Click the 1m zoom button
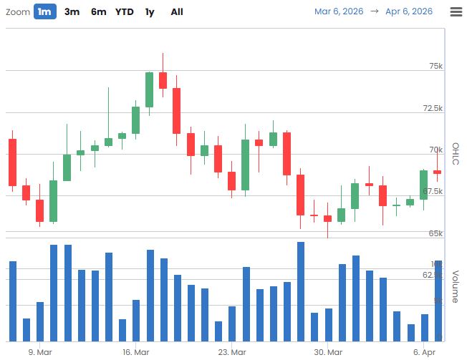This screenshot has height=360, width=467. tap(44, 11)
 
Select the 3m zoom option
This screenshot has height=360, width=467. tap(72, 11)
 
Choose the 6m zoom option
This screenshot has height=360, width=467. tap(99, 11)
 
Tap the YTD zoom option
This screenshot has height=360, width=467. tap(125, 11)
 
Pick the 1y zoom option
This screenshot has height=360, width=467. tap(149, 11)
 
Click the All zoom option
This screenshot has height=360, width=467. tap(177, 11)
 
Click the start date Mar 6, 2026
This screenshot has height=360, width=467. tap(339, 11)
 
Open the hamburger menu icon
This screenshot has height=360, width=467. tap(456, 11)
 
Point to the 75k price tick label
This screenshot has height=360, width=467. tap(435, 66)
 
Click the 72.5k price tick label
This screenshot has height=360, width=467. tap(433, 108)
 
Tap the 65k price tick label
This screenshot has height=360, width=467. tap(435, 233)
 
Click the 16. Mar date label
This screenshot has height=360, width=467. tap(135, 352)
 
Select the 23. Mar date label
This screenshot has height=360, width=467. tap(231, 352)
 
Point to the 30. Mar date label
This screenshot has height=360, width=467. tap(327, 352)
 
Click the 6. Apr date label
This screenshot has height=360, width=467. tap(425, 352)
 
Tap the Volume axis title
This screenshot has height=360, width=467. tap(455, 286)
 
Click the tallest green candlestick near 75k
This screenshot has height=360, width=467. tap(149, 89)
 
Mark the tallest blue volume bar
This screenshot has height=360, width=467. tap(301, 291)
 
